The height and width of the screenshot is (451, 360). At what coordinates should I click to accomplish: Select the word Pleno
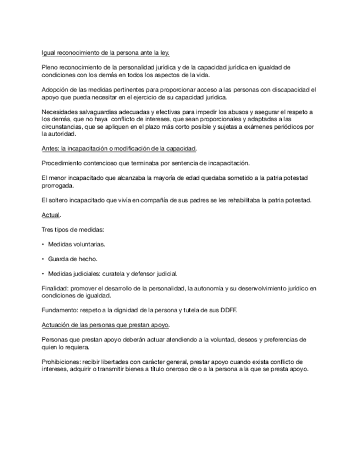tap(49, 68)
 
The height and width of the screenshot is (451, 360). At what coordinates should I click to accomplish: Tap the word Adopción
tap(54, 90)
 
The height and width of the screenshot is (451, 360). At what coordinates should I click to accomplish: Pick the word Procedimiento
tap(63, 163)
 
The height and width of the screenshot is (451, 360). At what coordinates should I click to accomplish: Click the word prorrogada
tap(57, 186)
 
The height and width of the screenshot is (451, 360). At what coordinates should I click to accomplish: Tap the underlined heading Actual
tap(51, 215)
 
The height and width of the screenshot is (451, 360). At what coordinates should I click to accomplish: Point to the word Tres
tap(47, 229)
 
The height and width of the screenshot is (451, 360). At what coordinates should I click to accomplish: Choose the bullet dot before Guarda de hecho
tap(43, 259)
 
